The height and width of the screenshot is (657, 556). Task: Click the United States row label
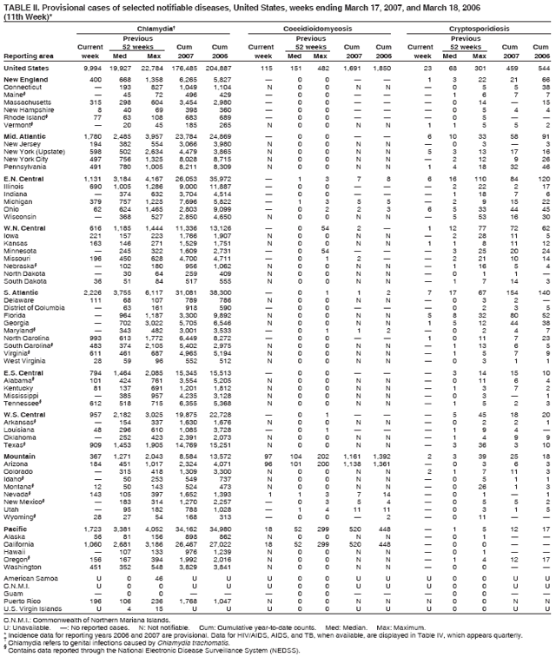point(26,68)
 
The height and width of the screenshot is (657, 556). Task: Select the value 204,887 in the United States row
point(215,68)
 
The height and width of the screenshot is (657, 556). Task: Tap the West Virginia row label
point(26,383)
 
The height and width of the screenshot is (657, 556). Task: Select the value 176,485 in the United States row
point(181,68)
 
